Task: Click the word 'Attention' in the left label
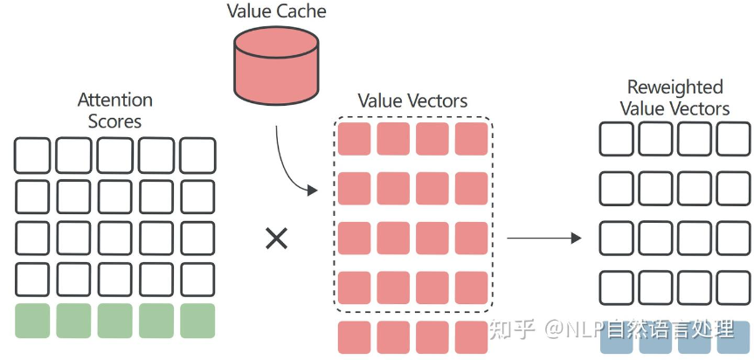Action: [x=115, y=100]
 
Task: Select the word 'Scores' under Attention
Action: [x=115, y=121]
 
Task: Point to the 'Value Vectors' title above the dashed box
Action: [x=412, y=100]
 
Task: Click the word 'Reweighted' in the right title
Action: [x=674, y=87]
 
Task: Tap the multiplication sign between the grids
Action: [x=276, y=238]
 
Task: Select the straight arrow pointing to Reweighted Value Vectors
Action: [x=544, y=238]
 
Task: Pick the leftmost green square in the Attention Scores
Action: [x=32, y=321]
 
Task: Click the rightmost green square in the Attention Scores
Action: [x=197, y=321]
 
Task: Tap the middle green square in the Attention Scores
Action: [x=115, y=321]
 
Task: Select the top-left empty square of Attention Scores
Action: [x=32, y=156]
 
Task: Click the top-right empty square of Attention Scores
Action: [x=197, y=156]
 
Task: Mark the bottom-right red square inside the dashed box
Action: [x=472, y=287]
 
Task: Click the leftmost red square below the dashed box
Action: [x=354, y=337]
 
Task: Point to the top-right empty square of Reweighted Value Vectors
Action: [x=733, y=139]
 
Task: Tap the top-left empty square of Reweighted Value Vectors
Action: [x=616, y=139]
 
